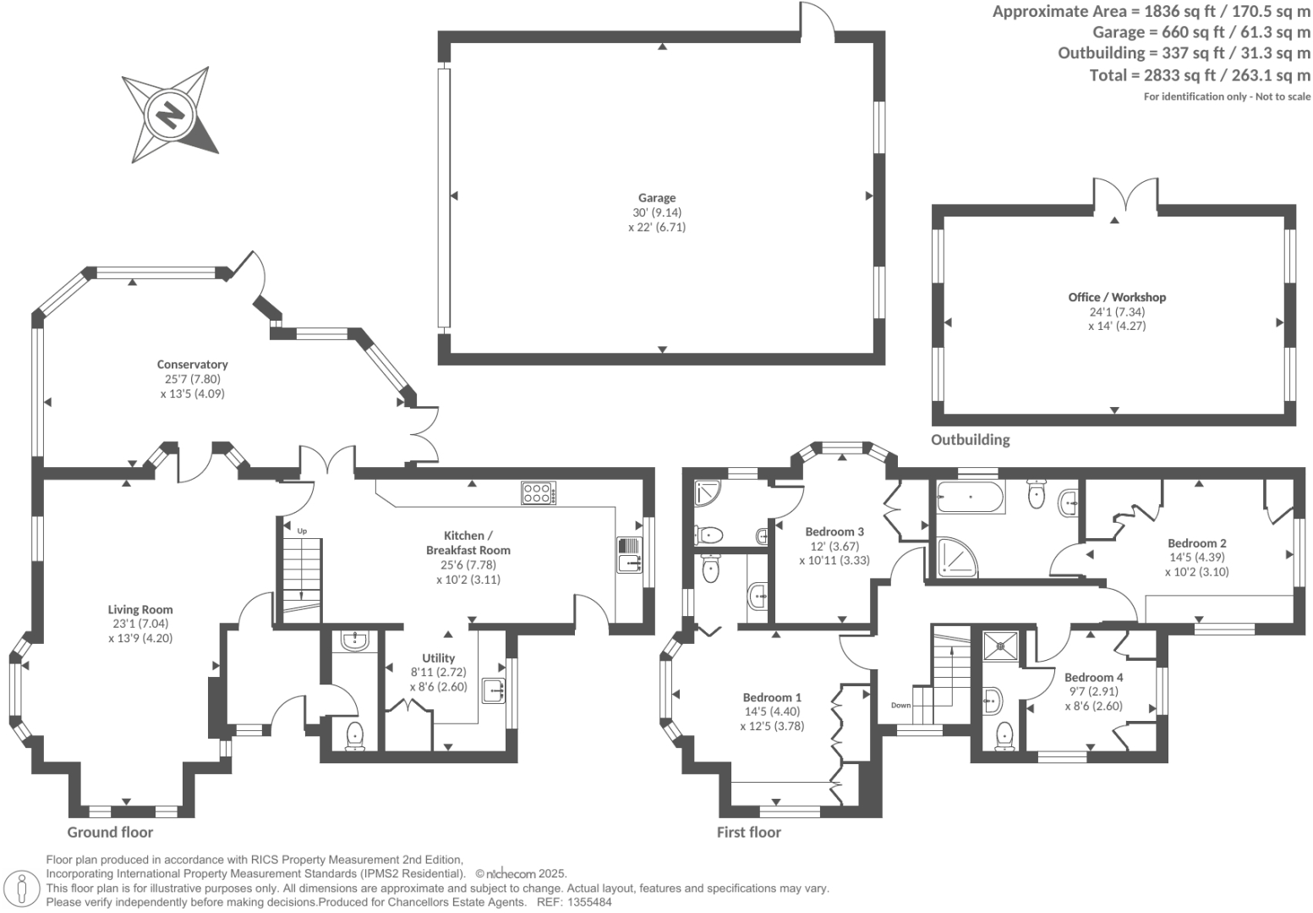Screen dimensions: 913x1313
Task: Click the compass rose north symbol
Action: pos(170,114)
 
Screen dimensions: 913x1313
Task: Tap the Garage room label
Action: pos(656,198)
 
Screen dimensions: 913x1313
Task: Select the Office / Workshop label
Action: pos(1116,297)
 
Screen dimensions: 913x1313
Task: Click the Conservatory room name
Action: pos(192,365)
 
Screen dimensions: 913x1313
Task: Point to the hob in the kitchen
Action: pos(539,492)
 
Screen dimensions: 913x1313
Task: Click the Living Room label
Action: pos(140,609)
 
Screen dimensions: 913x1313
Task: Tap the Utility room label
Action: pos(438,657)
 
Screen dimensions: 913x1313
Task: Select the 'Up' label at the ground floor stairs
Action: pos(302,531)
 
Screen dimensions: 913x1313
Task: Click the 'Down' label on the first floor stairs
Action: pos(900,705)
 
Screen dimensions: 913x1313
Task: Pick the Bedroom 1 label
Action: pos(772,697)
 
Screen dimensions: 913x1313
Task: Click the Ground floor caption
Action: pos(110,832)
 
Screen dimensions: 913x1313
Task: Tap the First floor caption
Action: pos(748,832)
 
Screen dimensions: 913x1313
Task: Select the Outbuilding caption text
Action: pos(970,439)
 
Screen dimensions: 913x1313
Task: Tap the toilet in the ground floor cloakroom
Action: pos(354,734)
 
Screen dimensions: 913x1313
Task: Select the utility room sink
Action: pos(493,690)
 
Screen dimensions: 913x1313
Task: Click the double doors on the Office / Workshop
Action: pos(1124,196)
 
